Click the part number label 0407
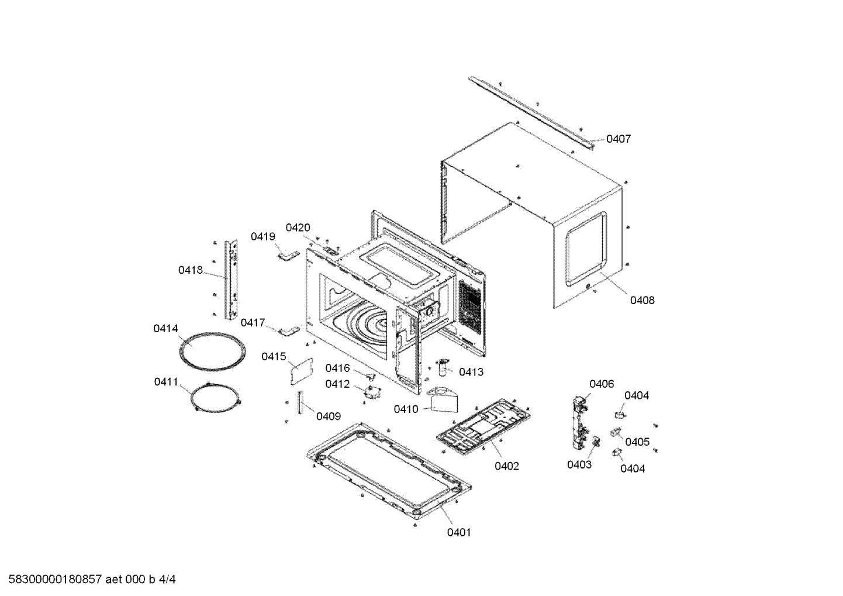coord(619,139)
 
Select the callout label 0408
coord(642,300)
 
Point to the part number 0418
coord(191,270)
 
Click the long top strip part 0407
coord(532,111)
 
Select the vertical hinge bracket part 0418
coord(232,279)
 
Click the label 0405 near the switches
coord(637,442)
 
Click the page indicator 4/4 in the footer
coord(167,580)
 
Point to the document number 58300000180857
coord(53,580)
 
